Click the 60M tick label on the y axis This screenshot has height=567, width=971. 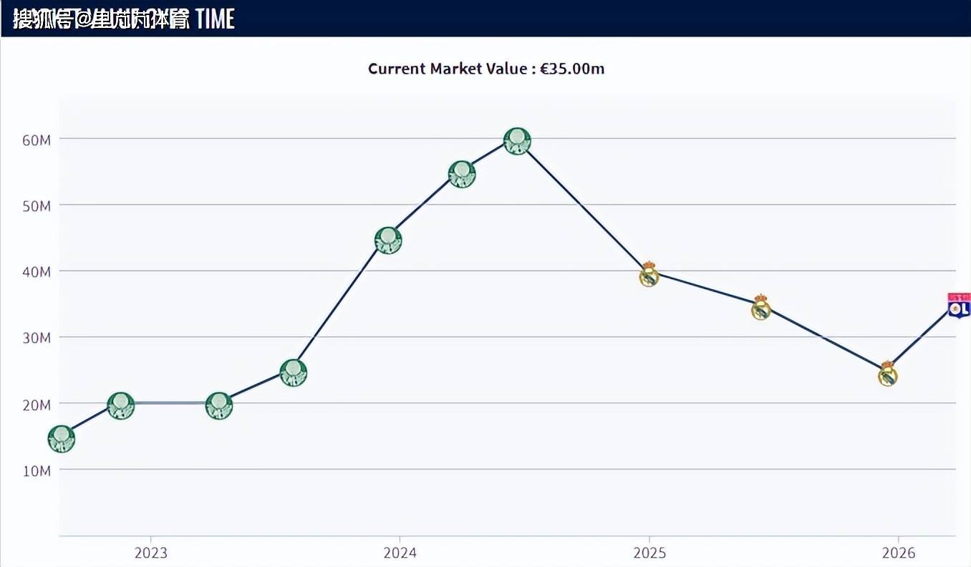(x=36, y=140)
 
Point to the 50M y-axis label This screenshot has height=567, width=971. (x=36, y=205)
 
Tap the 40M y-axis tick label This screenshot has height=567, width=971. (x=36, y=272)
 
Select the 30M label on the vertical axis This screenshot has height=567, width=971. (x=36, y=338)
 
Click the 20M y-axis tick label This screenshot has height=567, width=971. (x=36, y=404)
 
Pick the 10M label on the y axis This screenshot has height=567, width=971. (x=36, y=470)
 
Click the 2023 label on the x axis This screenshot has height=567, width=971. (x=150, y=553)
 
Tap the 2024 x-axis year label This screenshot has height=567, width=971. (x=400, y=553)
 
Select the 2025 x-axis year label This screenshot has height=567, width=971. (x=649, y=553)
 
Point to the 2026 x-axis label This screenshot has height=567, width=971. (x=898, y=553)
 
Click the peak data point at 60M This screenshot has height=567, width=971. (x=517, y=141)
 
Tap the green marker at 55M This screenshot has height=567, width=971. (x=462, y=174)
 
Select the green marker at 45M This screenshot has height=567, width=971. (x=388, y=240)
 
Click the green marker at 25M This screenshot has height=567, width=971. (x=293, y=372)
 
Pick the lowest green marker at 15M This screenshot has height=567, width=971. (x=62, y=439)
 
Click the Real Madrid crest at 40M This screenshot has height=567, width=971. (x=649, y=275)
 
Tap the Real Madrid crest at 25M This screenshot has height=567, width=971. (x=888, y=374)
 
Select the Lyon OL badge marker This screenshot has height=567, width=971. (x=959, y=306)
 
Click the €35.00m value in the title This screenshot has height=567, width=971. (x=572, y=69)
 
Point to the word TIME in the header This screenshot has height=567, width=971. (x=215, y=19)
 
